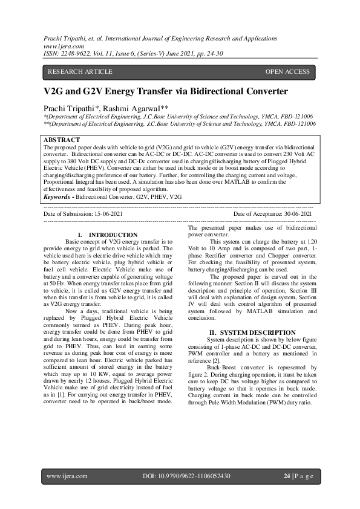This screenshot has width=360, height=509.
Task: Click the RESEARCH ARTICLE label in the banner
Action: tap(80, 72)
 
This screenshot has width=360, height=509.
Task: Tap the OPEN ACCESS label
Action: tap(287, 72)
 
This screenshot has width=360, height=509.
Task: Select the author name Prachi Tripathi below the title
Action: tap(73, 107)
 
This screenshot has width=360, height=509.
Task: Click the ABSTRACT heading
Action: tap(62, 140)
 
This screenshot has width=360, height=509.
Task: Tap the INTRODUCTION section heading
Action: tap(113, 235)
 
